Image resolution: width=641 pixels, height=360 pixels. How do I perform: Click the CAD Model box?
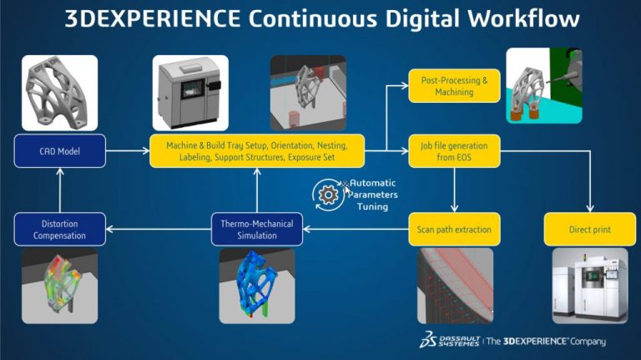click(59, 151)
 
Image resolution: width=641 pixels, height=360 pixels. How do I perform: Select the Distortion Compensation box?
click(59, 229)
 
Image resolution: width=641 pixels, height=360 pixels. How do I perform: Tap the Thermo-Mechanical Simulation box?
click(257, 229)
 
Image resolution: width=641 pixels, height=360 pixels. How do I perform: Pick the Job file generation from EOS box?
click(455, 151)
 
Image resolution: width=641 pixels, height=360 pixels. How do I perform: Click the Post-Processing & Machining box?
click(455, 86)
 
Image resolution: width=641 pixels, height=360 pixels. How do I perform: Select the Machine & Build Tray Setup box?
click(256, 151)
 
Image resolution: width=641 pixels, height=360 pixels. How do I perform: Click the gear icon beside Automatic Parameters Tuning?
click(327, 195)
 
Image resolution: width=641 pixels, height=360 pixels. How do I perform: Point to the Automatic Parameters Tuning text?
click(373, 195)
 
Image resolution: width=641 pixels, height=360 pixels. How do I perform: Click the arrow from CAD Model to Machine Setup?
click(127, 151)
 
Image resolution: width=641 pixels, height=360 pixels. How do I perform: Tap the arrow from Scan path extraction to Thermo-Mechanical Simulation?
click(356, 229)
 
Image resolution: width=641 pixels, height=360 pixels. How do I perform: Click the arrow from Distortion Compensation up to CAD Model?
click(59, 190)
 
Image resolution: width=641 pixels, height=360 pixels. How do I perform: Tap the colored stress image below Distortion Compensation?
click(59, 286)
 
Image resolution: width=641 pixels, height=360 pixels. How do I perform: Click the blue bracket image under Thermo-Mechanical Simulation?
click(256, 286)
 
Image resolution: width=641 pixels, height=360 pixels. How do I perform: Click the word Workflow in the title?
click(516, 18)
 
